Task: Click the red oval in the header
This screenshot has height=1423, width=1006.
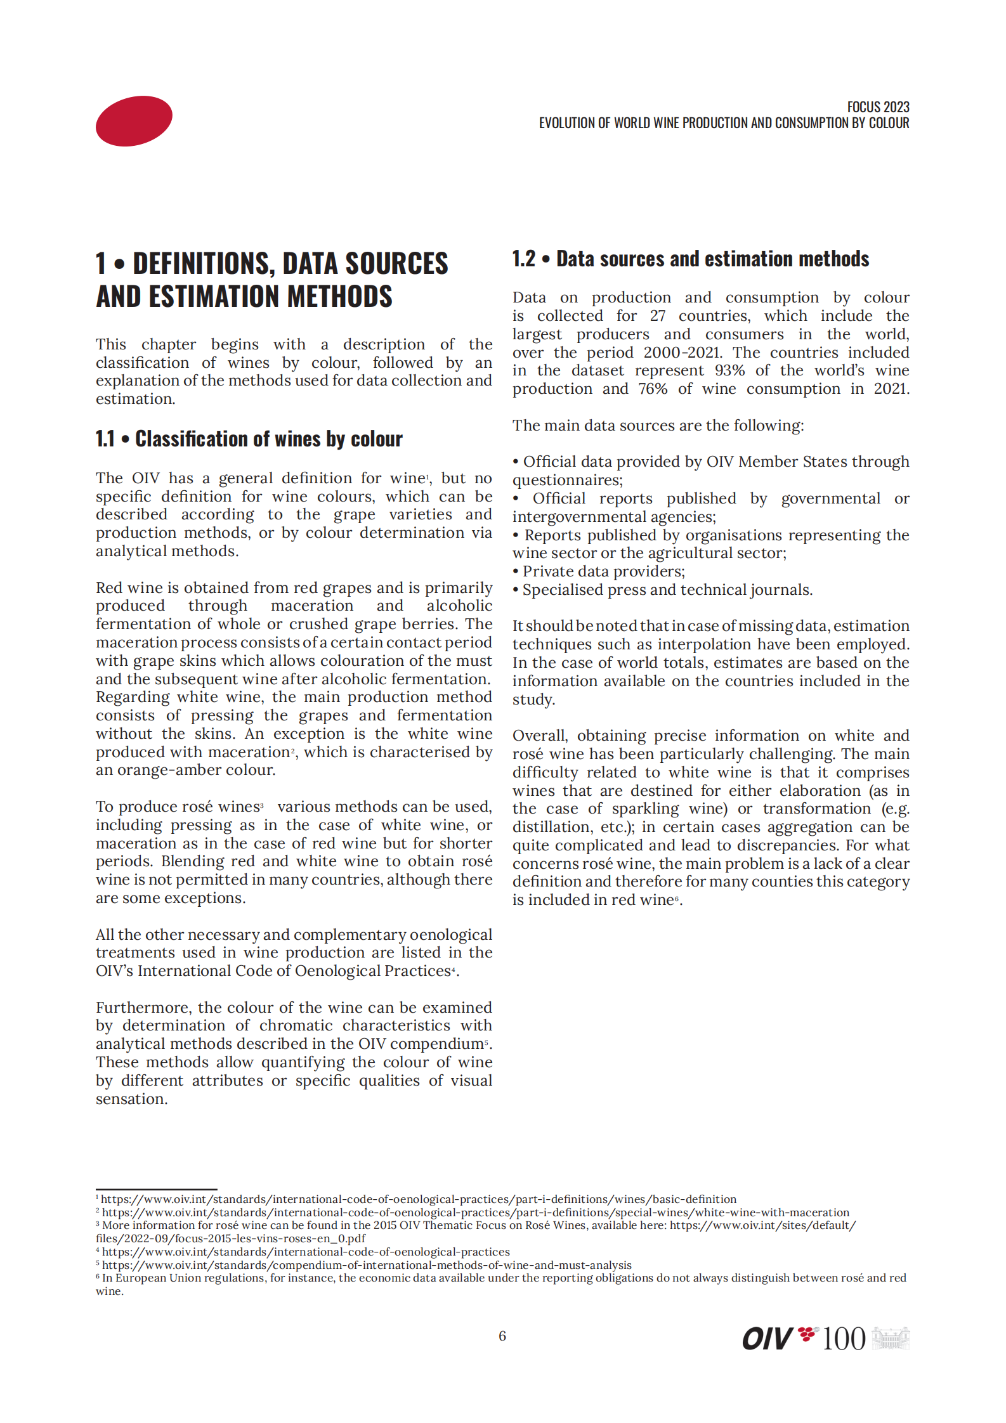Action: pos(134,121)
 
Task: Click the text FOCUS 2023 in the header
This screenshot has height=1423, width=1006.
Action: pos(878,107)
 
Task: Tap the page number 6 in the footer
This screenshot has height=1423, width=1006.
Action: pos(502,1336)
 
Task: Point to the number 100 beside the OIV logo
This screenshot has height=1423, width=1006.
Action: pos(844,1339)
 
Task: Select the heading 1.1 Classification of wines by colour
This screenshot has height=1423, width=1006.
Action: pos(249,439)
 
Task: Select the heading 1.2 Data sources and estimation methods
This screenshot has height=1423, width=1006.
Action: pos(691,259)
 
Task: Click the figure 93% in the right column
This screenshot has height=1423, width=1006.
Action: pos(729,371)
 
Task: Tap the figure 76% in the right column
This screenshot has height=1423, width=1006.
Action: pos(653,389)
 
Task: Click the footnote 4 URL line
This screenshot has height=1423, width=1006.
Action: pos(305,1252)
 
